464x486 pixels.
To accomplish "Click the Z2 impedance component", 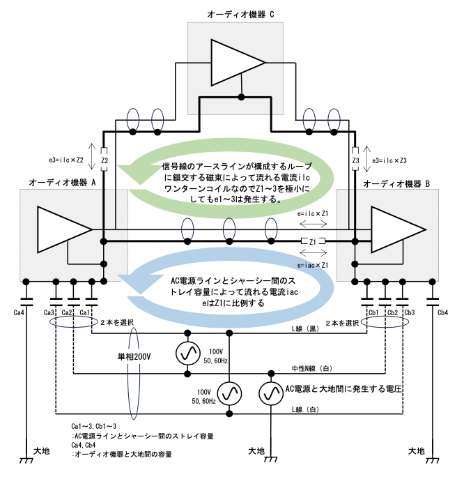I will tap(103, 160).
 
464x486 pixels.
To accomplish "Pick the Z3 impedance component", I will tap(355, 160).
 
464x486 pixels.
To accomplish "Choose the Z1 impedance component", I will tap(313, 242).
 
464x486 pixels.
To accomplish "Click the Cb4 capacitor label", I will tap(442, 313).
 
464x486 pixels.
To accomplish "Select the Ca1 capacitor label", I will tap(84, 313).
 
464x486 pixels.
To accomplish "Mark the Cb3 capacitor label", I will tap(410, 313).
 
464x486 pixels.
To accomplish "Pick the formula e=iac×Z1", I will tap(312, 266).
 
